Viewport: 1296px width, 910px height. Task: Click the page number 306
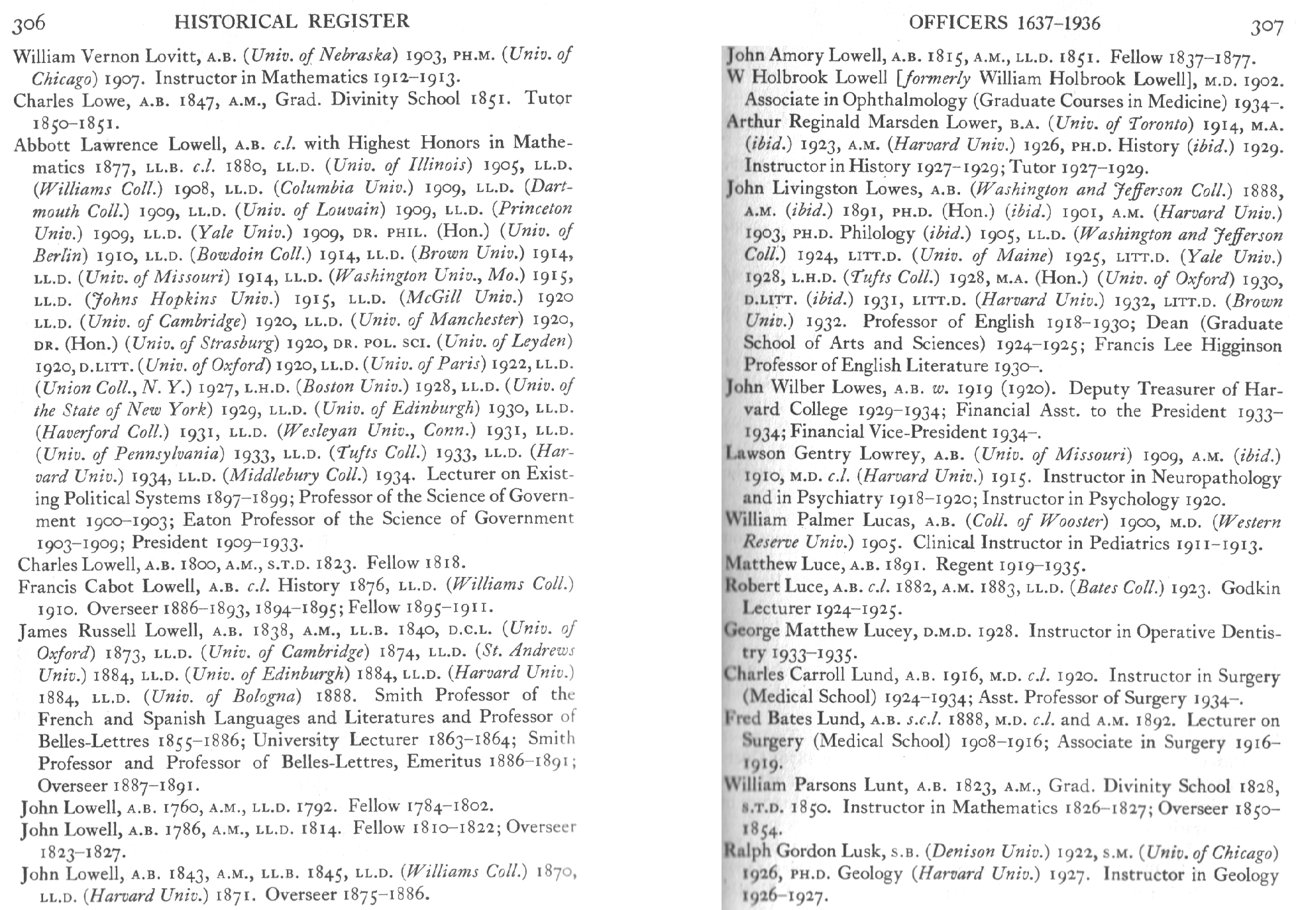29,24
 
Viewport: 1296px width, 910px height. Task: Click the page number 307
1266,27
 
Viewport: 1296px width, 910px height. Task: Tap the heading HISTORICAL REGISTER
292,22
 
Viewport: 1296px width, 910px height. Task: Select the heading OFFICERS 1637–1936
1004,24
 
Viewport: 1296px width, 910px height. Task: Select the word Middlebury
294,476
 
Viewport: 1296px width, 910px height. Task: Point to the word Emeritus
444,762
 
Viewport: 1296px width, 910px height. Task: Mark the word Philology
877,234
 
